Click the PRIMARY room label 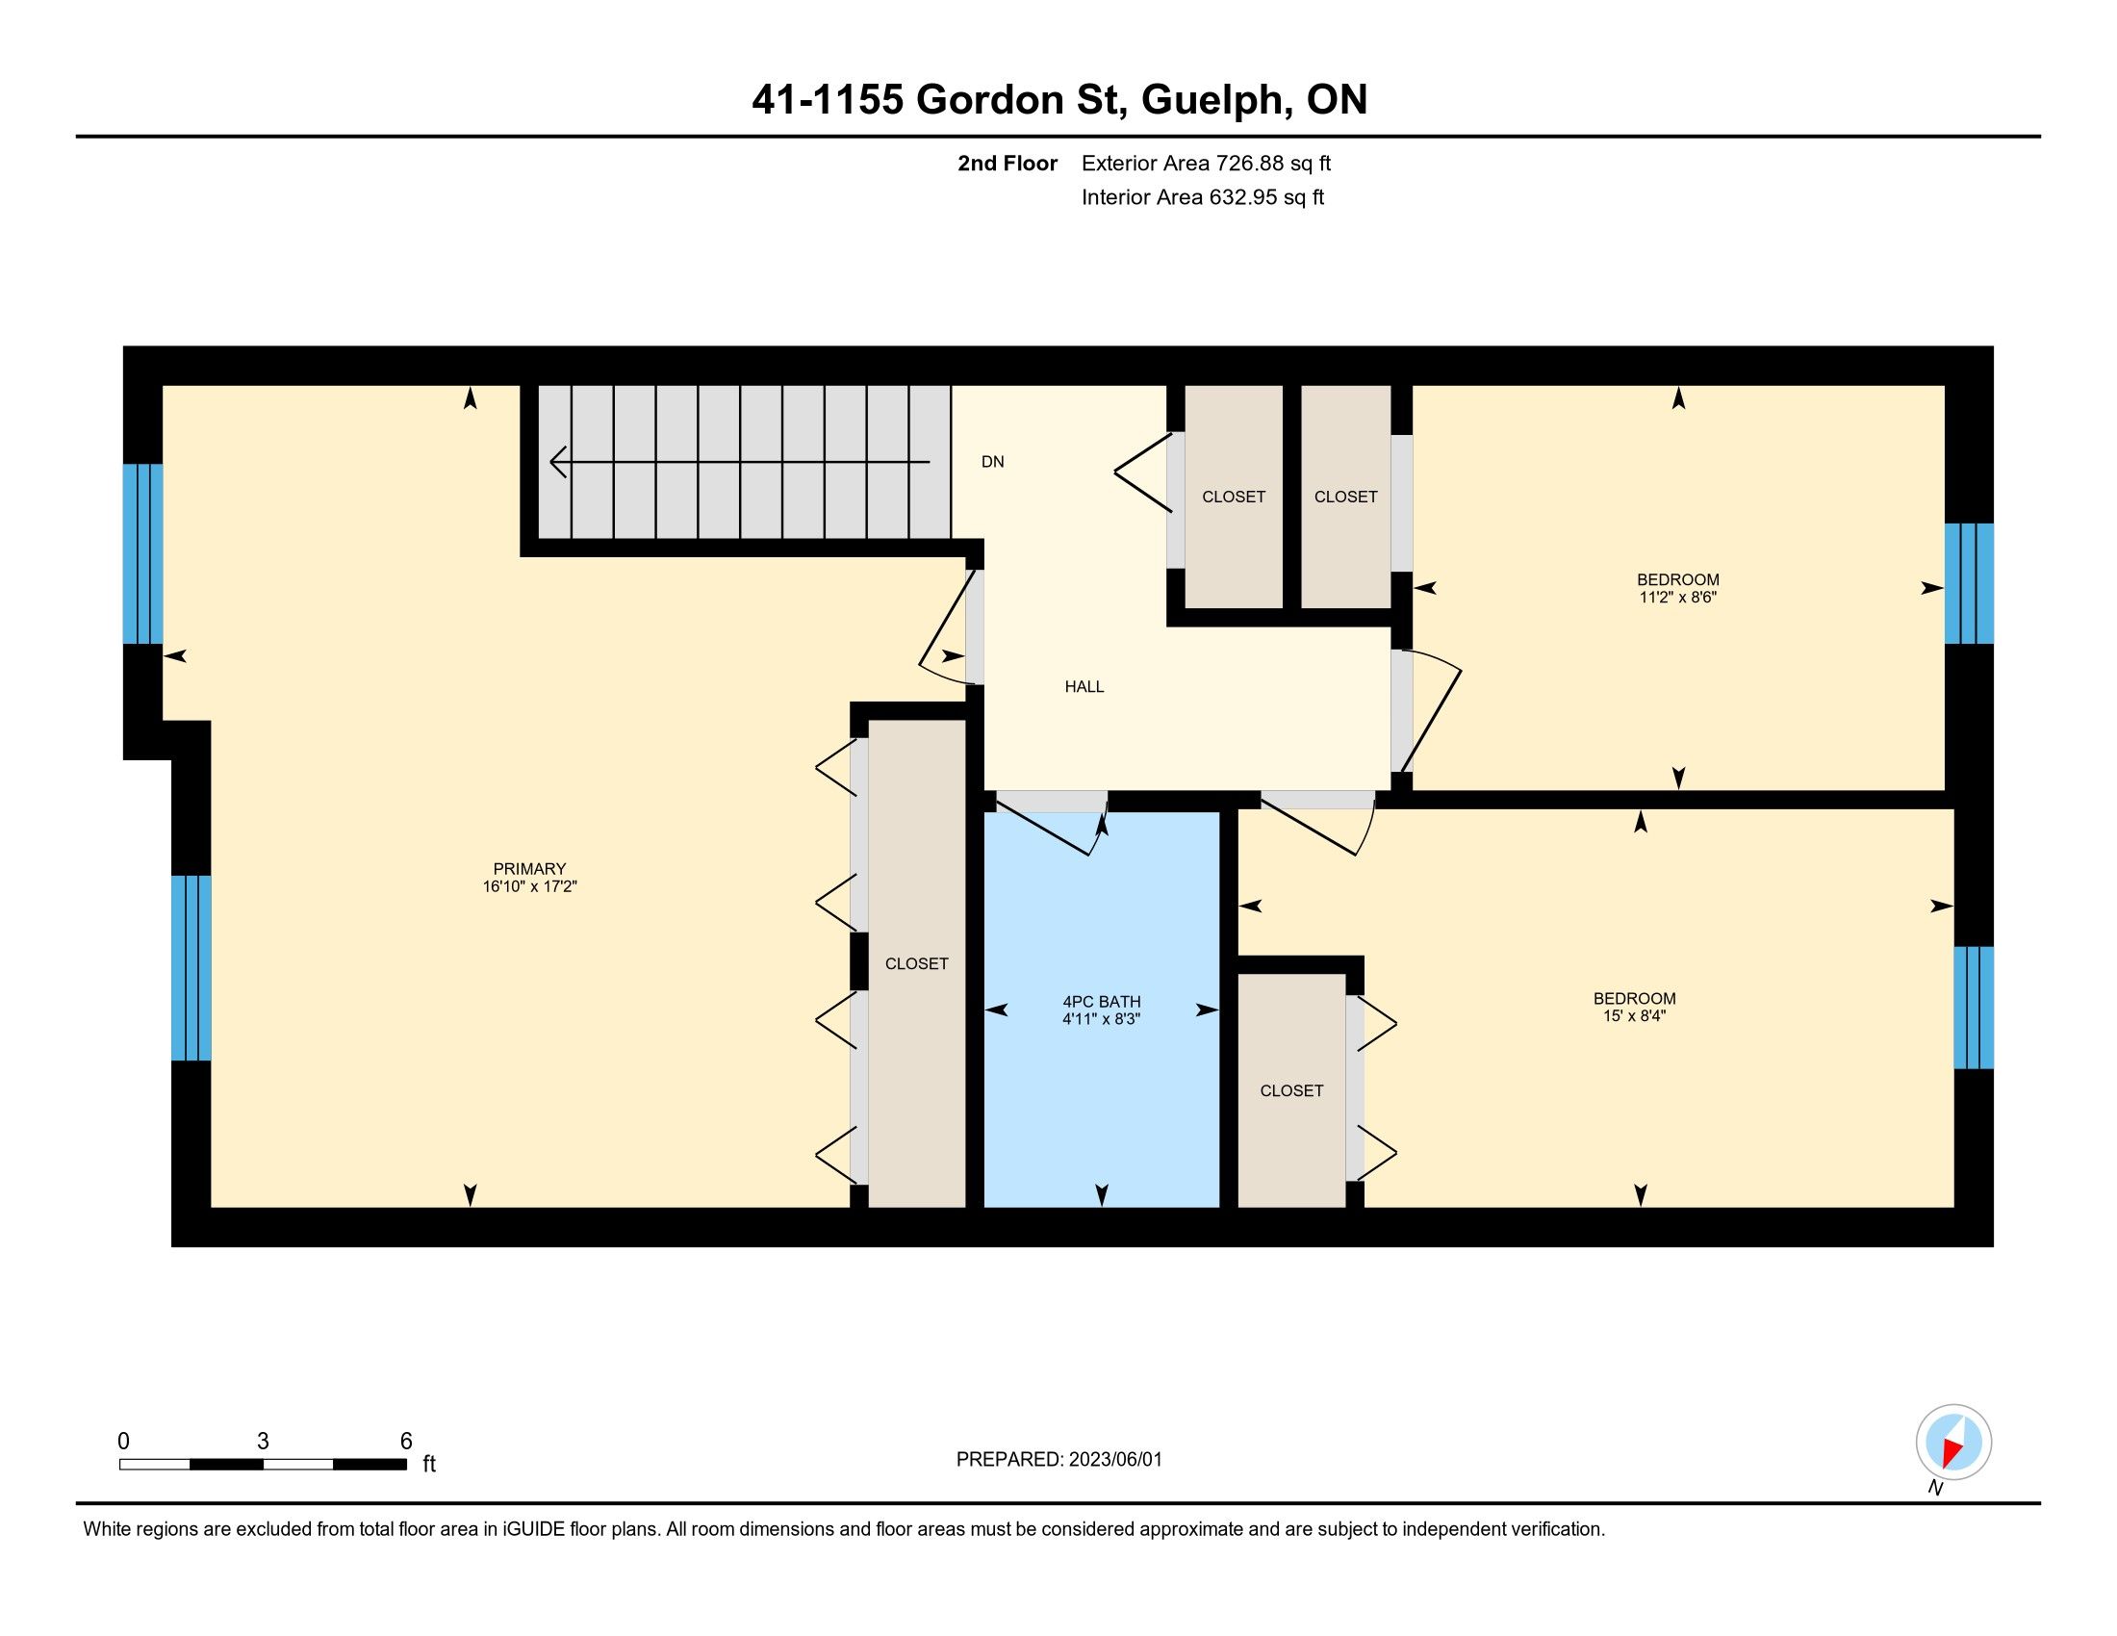pyautogui.click(x=529, y=869)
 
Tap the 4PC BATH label pyautogui.click(x=1101, y=1002)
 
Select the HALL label pyautogui.click(x=1084, y=686)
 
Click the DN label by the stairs pyautogui.click(x=993, y=461)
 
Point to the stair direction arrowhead pyautogui.click(x=558, y=462)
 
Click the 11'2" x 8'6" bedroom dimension pyautogui.click(x=1678, y=598)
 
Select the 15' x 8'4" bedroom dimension pyautogui.click(x=1634, y=1015)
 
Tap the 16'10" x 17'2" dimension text pyautogui.click(x=529, y=885)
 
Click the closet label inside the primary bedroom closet pyautogui.click(x=917, y=963)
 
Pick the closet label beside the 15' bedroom pyautogui.click(x=1291, y=1090)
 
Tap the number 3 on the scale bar pyautogui.click(x=263, y=1441)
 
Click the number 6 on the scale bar pyautogui.click(x=406, y=1441)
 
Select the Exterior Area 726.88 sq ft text pyautogui.click(x=1206, y=163)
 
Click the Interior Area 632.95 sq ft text pyautogui.click(x=1203, y=196)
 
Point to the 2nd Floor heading pyautogui.click(x=1007, y=163)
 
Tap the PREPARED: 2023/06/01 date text pyautogui.click(x=1058, y=1459)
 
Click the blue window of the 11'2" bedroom pyautogui.click(x=1969, y=583)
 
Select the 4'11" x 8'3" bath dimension pyautogui.click(x=1101, y=1018)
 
